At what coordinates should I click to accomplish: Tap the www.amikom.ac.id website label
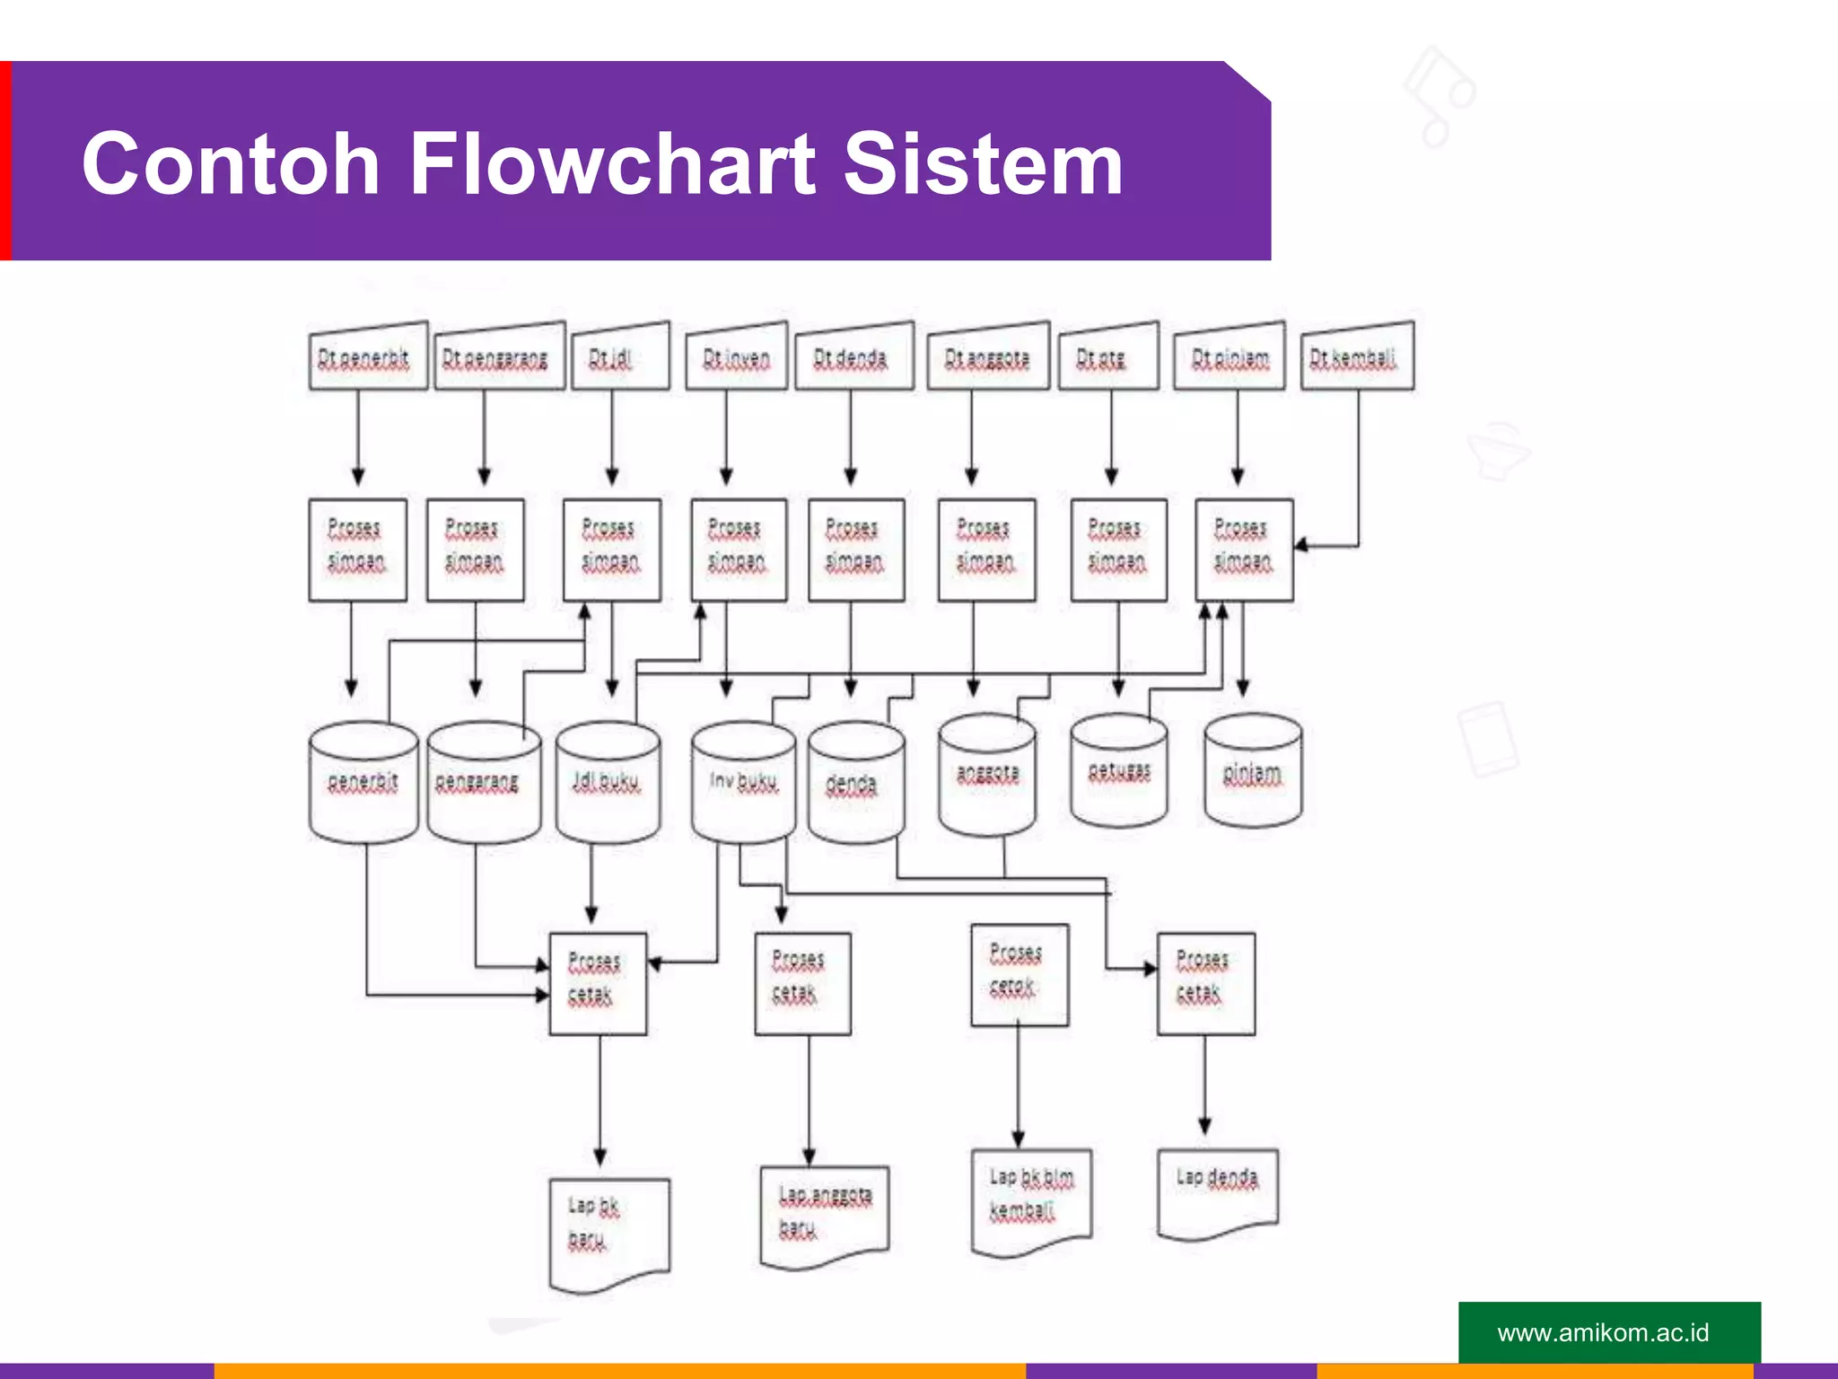tap(1603, 1332)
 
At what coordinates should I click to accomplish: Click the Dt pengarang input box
tap(499, 358)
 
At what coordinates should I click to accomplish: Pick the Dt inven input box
tap(736, 358)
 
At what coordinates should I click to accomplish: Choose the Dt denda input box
tap(853, 358)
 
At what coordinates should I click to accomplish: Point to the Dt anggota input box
tap(987, 358)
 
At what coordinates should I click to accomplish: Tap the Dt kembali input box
tap(1357, 358)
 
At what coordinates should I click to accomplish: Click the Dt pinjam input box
tap(1230, 358)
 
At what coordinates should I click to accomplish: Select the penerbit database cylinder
tap(363, 782)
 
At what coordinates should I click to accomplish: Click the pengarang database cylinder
tap(483, 782)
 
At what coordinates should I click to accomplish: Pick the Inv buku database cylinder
tap(743, 782)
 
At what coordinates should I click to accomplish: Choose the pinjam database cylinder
tap(1253, 772)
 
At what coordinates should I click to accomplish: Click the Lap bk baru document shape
tap(608, 1230)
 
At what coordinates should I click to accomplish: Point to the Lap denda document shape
tap(1217, 1190)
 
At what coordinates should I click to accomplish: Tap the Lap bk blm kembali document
tap(1031, 1198)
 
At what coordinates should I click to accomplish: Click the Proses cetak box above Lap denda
tap(1205, 983)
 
